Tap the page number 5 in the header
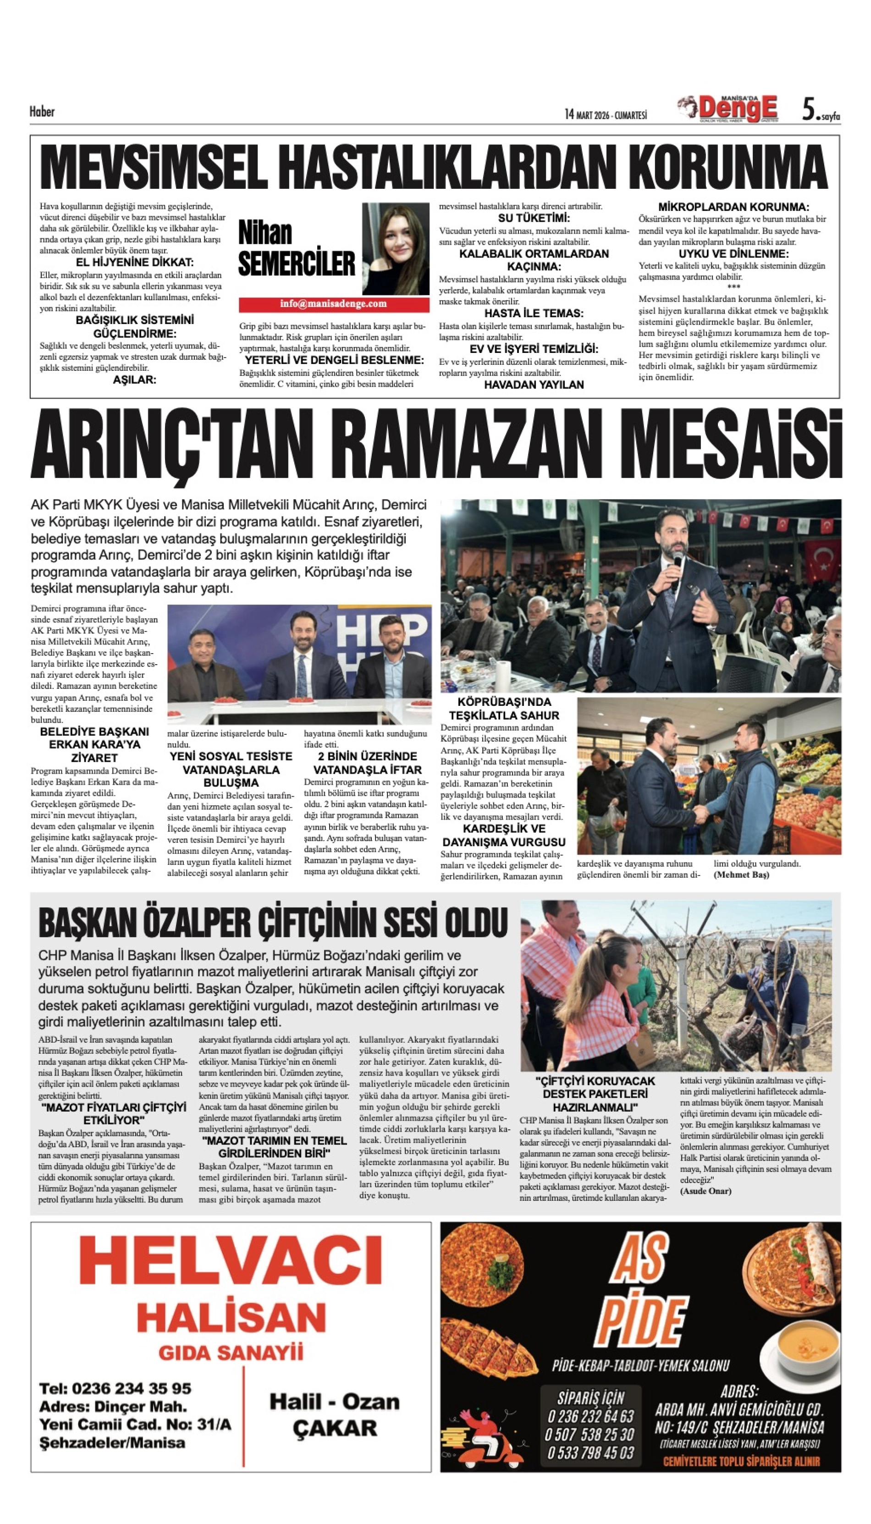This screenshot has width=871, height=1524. [808, 110]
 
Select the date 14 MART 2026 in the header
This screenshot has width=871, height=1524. [606, 114]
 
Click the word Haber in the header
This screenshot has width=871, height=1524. [42, 112]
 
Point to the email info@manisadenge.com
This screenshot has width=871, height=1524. [333, 304]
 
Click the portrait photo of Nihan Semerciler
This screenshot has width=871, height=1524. [396, 248]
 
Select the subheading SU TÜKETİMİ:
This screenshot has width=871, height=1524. [534, 218]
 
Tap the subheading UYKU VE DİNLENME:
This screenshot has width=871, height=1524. [733, 253]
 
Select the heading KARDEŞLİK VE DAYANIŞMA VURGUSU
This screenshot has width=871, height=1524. [504, 835]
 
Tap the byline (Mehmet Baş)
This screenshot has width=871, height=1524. [741, 875]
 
